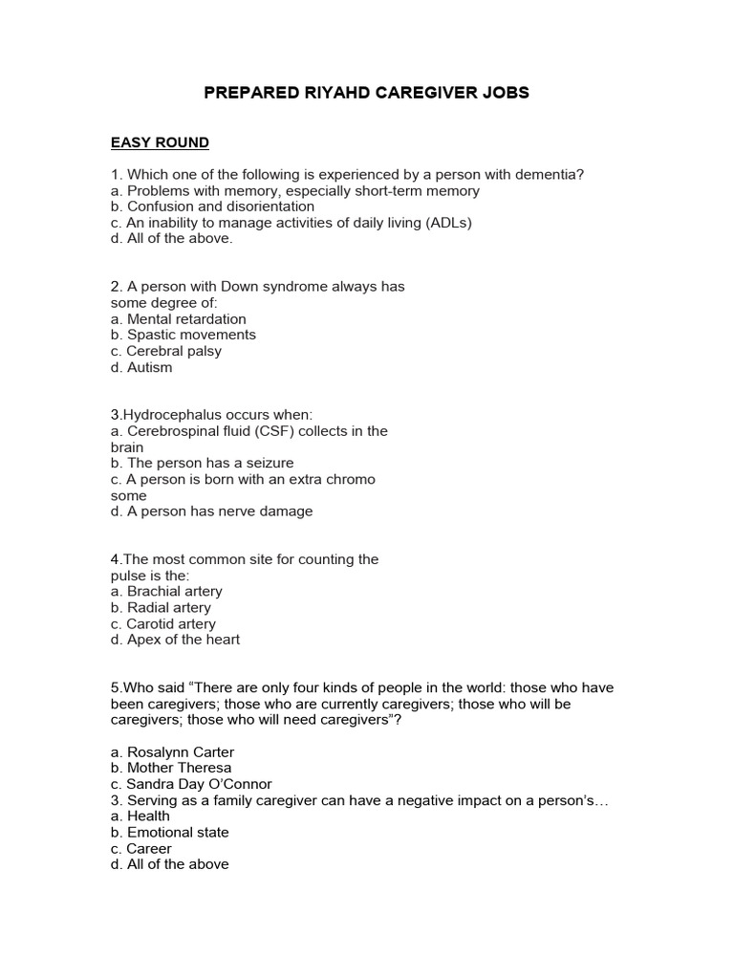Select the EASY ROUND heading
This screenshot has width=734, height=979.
tap(160, 142)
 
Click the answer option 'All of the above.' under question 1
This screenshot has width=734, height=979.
tap(179, 239)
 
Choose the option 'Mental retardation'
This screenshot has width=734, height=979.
tap(186, 319)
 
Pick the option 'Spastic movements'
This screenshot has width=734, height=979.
tap(191, 336)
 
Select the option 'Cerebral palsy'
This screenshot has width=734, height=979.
tap(174, 351)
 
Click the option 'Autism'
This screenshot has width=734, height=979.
tap(149, 367)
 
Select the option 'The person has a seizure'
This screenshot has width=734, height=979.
tap(210, 464)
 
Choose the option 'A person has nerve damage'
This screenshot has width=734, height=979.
tap(220, 511)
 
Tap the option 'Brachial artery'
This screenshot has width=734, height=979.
tap(174, 592)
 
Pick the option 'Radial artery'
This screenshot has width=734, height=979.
tap(169, 608)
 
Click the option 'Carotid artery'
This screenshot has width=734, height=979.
tap(171, 624)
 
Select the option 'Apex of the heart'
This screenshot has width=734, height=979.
tap(183, 640)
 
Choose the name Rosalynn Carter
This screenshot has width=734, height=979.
tap(180, 752)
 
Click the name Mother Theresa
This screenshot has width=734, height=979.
tap(179, 768)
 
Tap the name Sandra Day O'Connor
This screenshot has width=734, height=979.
tap(194, 784)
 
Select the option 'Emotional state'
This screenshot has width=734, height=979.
tap(178, 833)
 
